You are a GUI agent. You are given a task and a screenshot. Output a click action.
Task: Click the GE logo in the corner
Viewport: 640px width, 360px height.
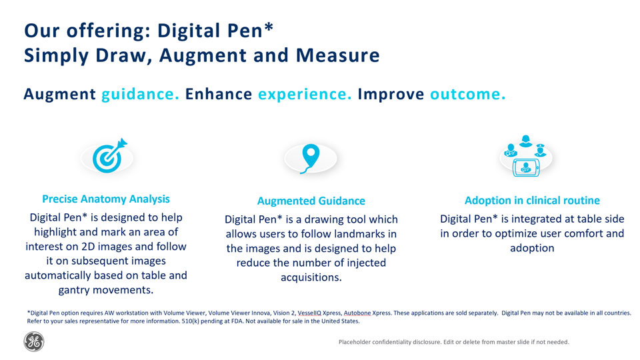tap(34, 341)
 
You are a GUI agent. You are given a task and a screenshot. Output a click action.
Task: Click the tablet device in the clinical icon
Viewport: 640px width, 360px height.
tap(526, 168)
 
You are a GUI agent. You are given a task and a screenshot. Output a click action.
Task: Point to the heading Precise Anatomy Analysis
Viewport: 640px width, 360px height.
tap(106, 199)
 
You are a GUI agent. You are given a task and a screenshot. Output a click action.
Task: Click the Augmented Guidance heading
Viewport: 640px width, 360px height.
tap(311, 201)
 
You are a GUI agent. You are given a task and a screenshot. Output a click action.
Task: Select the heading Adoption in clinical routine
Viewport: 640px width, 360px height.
tap(532, 201)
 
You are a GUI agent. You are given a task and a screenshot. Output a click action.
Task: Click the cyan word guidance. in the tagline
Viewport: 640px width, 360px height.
tap(141, 94)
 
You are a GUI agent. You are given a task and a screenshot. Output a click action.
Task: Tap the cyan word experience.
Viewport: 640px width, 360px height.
tap(305, 94)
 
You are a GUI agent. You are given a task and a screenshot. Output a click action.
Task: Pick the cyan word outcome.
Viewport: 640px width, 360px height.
tap(468, 94)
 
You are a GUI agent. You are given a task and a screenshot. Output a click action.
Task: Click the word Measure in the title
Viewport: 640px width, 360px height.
tap(338, 55)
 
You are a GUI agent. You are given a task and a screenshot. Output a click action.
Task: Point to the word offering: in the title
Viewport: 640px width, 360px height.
tap(109, 31)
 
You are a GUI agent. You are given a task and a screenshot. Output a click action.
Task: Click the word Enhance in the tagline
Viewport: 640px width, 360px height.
tap(219, 94)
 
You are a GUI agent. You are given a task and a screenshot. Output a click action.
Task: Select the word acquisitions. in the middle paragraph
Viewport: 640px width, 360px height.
tap(311, 277)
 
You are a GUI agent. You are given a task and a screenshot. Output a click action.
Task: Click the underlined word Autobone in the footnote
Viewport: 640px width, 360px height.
tap(357, 313)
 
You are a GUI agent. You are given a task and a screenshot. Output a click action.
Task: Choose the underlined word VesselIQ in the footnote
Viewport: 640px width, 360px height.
tap(309, 313)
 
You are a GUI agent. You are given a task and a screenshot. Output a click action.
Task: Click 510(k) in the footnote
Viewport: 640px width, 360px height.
tap(190, 321)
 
